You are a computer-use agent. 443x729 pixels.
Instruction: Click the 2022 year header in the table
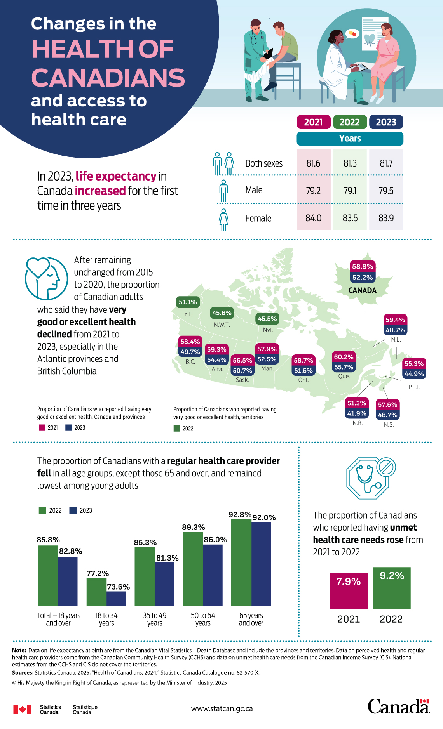pos(350,122)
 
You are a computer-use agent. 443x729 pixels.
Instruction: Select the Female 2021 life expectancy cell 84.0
pos(313,218)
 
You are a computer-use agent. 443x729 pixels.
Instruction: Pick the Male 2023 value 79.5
pos(386,191)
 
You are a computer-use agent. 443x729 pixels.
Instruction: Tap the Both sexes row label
pos(263,163)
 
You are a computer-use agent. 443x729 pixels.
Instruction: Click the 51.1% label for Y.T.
pos(188,302)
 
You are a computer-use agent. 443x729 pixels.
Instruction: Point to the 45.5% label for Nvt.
pos(267,319)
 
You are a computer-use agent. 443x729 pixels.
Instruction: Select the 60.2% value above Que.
pos(344,357)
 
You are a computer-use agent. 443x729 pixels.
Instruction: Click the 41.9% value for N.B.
pos(357,413)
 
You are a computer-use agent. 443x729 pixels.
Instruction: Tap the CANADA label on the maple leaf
pos(362,290)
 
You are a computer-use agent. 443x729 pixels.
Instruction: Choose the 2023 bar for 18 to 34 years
pos(116,598)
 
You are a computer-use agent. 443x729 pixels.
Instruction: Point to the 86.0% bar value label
pos(215,540)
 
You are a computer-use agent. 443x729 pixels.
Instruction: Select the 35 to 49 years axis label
pos(155,619)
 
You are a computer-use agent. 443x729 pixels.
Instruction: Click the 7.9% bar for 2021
pos(349,591)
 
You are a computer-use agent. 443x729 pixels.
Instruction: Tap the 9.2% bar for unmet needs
pos(391,588)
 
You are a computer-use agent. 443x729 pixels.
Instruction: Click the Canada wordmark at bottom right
pos(398,706)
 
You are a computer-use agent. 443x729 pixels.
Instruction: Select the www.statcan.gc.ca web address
pos(222,708)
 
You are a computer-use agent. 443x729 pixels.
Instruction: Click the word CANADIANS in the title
pos(108,78)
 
